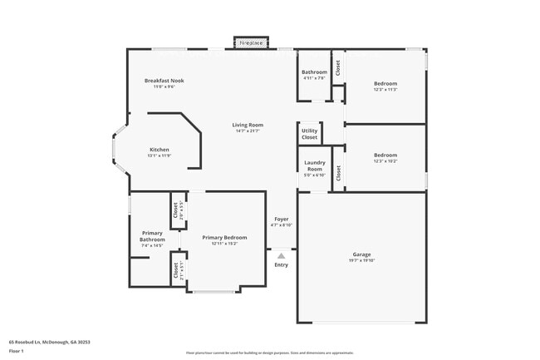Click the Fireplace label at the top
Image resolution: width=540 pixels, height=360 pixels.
tap(251, 42)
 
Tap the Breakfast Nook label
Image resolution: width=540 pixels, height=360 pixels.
tap(164, 81)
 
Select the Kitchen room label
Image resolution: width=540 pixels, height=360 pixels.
tap(160, 150)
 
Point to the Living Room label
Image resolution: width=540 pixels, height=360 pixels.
tap(248, 125)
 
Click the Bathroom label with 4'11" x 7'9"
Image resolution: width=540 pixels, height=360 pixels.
tap(314, 72)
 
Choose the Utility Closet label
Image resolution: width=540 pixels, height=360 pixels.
tap(309, 134)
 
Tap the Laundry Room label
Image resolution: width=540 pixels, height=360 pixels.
tap(314, 165)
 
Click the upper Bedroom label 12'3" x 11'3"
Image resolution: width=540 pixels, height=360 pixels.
tap(385, 83)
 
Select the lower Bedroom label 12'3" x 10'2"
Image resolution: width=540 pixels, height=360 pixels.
tap(385, 155)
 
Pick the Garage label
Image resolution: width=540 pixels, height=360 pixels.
tap(361, 254)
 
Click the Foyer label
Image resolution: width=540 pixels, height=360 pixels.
tap(281, 219)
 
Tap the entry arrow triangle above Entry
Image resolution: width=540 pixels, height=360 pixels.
tap(281, 256)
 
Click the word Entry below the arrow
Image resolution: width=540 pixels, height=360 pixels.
tap(281, 264)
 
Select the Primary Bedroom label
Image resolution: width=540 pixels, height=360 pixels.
tap(224, 238)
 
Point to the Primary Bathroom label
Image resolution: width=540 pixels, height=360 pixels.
tap(152, 236)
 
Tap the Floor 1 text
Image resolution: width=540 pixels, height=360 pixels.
tap(17, 351)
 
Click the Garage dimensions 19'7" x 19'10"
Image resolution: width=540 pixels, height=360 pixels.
tap(361, 260)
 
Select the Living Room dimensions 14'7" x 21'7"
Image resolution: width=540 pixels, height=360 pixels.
tap(248, 131)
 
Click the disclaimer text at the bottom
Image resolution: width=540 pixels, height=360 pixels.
tap(269, 352)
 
